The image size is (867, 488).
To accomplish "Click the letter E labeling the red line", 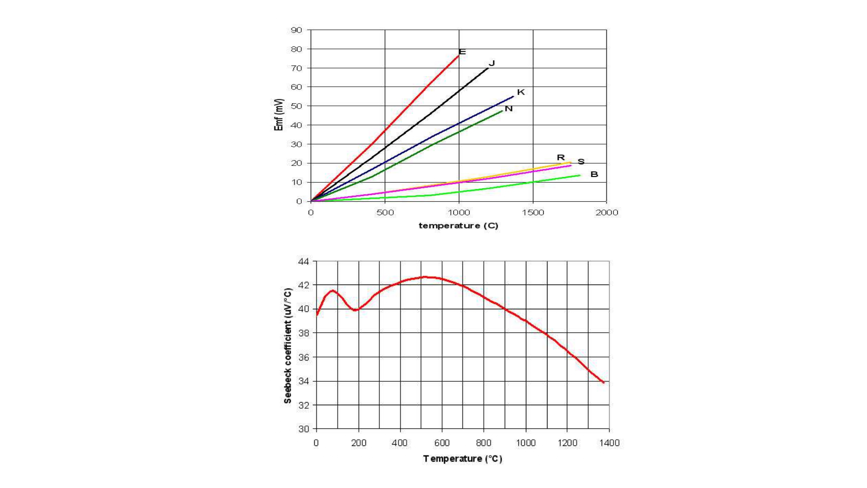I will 462,52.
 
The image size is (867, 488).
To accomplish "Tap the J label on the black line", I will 492,63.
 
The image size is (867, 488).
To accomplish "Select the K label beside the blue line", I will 521,92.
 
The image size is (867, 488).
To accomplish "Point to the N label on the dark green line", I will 508,108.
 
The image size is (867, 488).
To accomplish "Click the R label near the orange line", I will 561,157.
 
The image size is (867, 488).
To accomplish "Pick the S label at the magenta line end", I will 581,161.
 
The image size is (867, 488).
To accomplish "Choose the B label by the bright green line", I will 594,174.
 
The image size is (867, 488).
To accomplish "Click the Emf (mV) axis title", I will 279,115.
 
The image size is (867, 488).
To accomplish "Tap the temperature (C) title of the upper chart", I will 458,226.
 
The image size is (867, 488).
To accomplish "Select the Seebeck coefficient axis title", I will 287,346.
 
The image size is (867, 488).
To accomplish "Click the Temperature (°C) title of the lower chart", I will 463,459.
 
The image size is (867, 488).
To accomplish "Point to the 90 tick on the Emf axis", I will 297,30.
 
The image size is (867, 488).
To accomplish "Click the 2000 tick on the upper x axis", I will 606,212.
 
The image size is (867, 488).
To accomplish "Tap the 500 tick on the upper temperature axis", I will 385,212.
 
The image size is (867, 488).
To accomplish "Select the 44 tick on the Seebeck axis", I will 303,261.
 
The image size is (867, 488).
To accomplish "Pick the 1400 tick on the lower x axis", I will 609,443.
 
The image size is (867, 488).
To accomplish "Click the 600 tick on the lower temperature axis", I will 442,443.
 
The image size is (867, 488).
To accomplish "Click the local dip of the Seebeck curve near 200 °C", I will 355,310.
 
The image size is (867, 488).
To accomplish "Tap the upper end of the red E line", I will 458,56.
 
